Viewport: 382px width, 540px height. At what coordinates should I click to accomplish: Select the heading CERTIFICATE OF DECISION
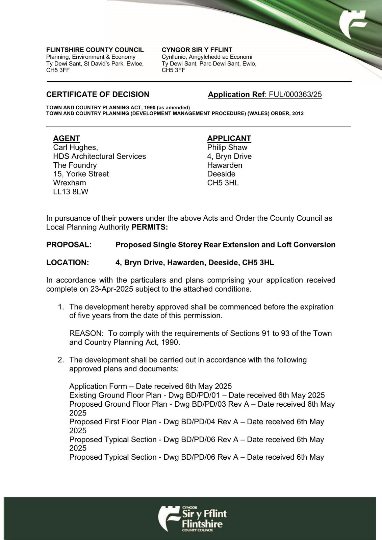[98, 94]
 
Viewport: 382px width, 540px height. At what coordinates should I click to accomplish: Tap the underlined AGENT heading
[67, 138]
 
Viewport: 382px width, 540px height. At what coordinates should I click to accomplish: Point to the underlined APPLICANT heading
[229, 138]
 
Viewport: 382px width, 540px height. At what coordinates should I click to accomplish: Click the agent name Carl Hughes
[75, 147]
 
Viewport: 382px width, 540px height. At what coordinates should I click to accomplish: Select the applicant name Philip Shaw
[227, 147]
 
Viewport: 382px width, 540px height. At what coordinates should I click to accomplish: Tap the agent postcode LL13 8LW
[71, 192]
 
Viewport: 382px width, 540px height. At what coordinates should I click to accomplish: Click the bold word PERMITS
[150, 227]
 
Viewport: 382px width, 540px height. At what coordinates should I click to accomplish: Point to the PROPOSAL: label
[69, 245]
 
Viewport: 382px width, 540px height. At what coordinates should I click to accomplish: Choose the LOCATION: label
[68, 263]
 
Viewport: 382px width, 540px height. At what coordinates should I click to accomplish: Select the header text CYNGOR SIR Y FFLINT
[197, 50]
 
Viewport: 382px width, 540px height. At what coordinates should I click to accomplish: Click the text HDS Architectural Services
[99, 156]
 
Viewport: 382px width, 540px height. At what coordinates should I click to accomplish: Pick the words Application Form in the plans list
[98, 386]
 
